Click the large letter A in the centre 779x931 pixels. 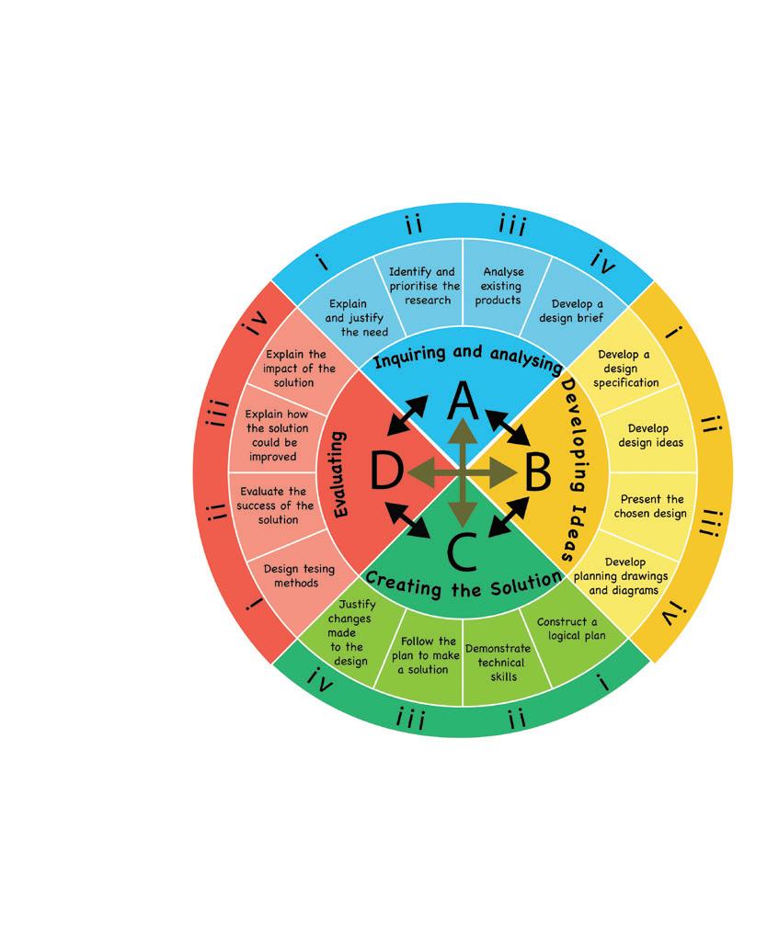tap(463, 403)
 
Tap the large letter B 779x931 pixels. tap(537, 475)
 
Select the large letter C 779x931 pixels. tap(462, 551)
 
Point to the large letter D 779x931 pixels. tap(386, 474)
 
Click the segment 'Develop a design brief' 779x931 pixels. tap(578, 311)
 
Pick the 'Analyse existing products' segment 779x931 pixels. tap(502, 286)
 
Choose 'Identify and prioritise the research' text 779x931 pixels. tap(422, 286)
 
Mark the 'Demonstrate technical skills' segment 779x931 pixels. tap(498, 662)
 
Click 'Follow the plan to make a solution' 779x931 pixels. tap(429, 654)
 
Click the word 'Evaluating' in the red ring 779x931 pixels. tap(340, 474)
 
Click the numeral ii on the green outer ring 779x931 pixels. tap(517, 720)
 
